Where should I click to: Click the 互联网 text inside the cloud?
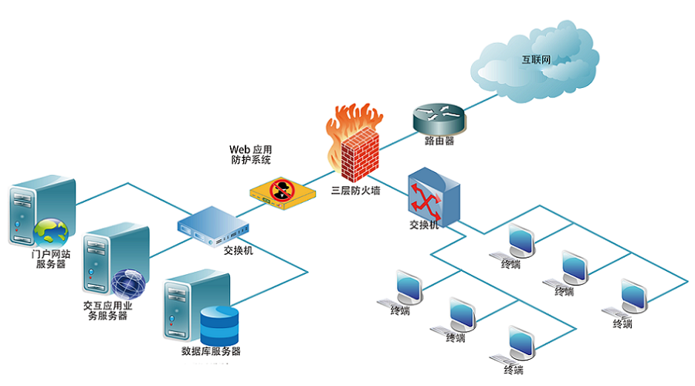click(535, 58)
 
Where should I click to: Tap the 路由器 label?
click(439, 141)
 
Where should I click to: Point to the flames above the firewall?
click(351, 120)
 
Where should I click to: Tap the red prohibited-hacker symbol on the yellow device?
click(281, 188)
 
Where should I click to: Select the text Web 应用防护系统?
click(251, 154)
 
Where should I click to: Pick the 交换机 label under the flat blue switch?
click(238, 251)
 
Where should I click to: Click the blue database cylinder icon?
click(218, 326)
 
